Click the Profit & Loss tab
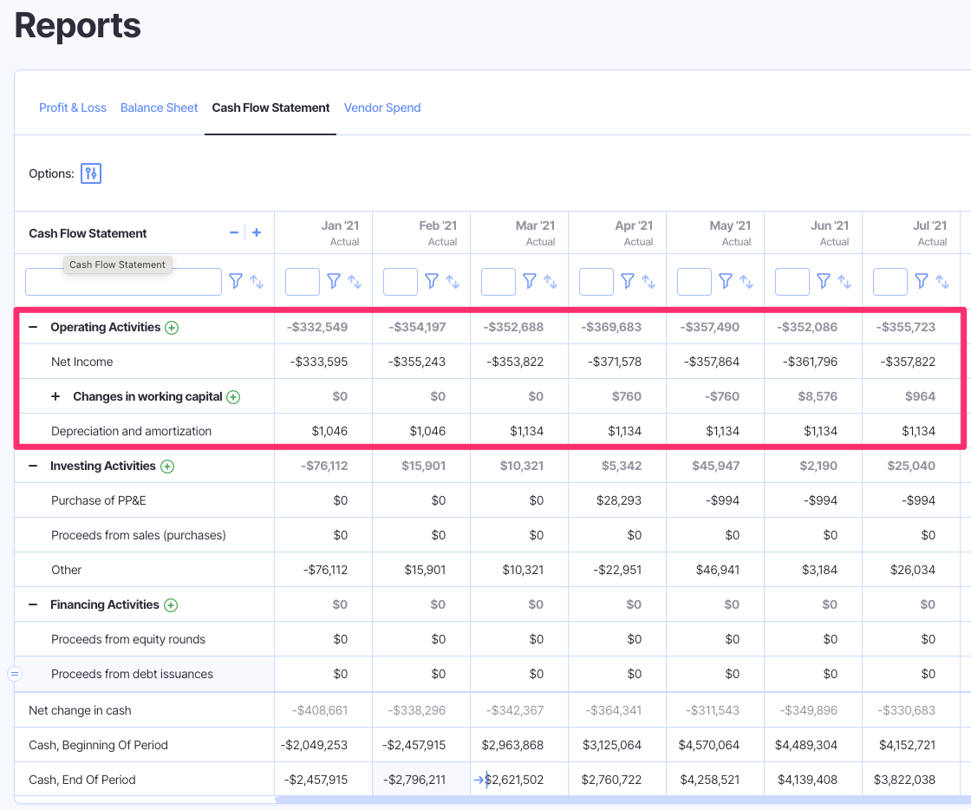pyautogui.click(x=73, y=108)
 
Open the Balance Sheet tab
pyautogui.click(x=159, y=108)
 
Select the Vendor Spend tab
pyautogui.click(x=382, y=108)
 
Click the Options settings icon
pyautogui.click(x=91, y=173)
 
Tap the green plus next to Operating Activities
pyautogui.click(x=172, y=328)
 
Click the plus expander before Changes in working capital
pyautogui.click(x=55, y=396)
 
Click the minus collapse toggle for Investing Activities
pyautogui.click(x=33, y=466)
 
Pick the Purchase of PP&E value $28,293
pyautogui.click(x=619, y=500)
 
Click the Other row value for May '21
pyautogui.click(x=717, y=570)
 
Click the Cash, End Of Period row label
pyautogui.click(x=82, y=780)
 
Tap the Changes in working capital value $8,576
pyautogui.click(x=818, y=396)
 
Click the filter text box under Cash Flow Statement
pyautogui.click(x=123, y=282)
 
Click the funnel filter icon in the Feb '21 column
pyautogui.click(x=432, y=281)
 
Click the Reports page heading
pyautogui.click(x=78, y=25)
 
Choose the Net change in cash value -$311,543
pyautogui.click(x=712, y=710)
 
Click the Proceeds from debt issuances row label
pyautogui.click(x=132, y=674)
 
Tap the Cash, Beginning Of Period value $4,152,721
pyautogui.click(x=907, y=745)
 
